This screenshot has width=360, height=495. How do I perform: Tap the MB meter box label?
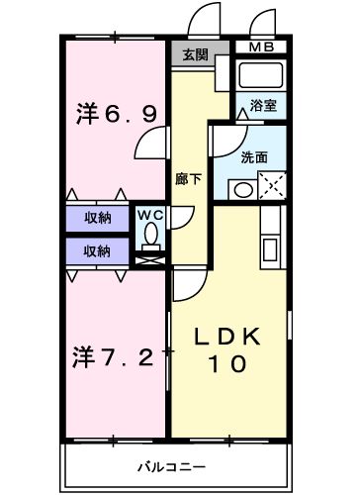click(262, 47)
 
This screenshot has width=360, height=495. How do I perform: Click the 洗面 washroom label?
click(254, 156)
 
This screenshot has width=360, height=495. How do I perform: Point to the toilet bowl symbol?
click(150, 234)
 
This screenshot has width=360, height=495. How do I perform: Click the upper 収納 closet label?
click(96, 218)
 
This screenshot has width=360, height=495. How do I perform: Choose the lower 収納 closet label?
click(96, 249)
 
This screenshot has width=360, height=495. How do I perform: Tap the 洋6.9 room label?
click(116, 115)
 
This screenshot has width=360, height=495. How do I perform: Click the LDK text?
click(226, 337)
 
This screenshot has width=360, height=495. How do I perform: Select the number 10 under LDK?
click(226, 364)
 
